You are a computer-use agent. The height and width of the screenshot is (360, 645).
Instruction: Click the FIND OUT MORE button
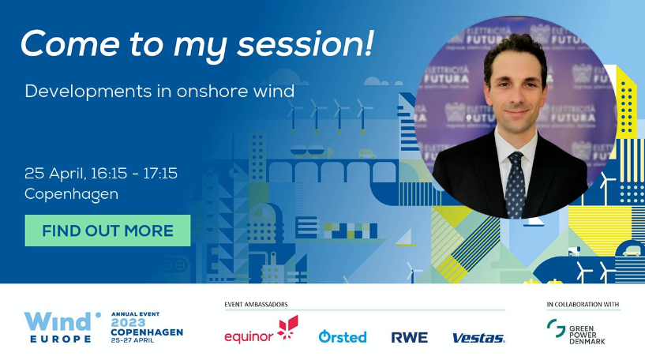[107, 231]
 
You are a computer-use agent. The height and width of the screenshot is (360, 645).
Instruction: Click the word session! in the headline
[306, 43]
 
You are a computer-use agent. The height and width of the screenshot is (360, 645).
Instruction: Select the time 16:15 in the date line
[109, 173]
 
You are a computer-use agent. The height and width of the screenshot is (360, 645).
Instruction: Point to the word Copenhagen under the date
[71, 194]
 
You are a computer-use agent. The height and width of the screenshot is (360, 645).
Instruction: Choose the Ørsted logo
[343, 336]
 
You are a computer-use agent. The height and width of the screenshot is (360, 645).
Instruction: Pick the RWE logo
[409, 337]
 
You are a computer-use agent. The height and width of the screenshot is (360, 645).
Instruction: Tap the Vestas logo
[478, 338]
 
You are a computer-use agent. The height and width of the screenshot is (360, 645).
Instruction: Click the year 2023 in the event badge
[128, 323]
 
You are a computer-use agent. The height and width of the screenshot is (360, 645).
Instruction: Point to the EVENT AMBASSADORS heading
[256, 305]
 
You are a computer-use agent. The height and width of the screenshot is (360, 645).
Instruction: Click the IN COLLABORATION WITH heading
[583, 305]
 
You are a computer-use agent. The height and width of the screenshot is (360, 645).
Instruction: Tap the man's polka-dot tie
[515, 186]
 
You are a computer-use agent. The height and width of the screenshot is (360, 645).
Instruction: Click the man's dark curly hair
[515, 51]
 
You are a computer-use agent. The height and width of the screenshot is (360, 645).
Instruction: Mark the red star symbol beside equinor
[287, 328]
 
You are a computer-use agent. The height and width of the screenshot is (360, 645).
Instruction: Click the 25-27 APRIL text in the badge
[133, 340]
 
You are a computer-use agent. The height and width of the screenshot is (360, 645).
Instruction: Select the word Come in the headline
[70, 43]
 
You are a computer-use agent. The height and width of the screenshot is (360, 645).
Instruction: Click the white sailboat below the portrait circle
[535, 222]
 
